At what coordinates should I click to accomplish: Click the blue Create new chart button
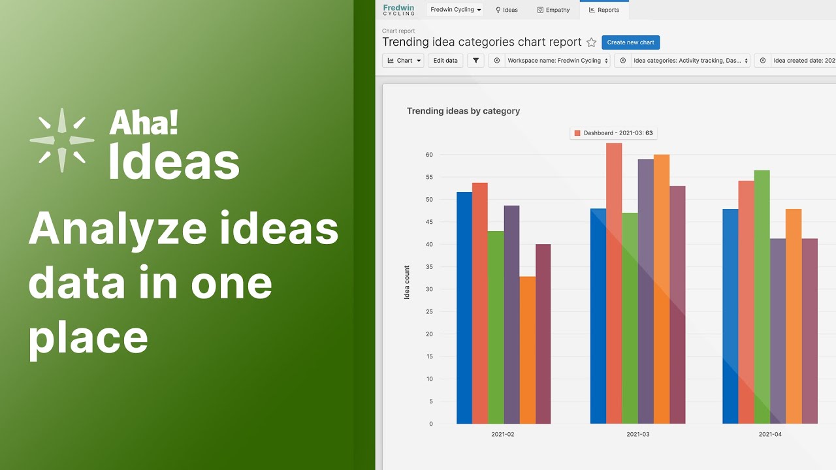630,42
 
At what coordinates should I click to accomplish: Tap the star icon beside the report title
591,42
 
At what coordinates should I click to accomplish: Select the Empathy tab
553,10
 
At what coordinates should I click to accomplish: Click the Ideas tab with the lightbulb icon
506,10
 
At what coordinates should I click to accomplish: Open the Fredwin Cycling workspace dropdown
455,10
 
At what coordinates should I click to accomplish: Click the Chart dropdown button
403,61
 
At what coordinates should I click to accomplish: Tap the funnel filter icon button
475,61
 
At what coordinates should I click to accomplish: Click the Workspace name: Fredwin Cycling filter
558,61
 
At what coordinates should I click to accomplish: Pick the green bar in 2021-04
762,296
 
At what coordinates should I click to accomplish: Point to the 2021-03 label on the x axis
638,434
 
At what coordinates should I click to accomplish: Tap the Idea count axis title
407,282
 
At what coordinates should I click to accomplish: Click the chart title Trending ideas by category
463,111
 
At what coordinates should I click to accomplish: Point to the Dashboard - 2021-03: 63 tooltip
613,133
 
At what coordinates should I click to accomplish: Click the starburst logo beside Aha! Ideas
62,140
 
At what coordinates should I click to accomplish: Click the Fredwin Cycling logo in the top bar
398,10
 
